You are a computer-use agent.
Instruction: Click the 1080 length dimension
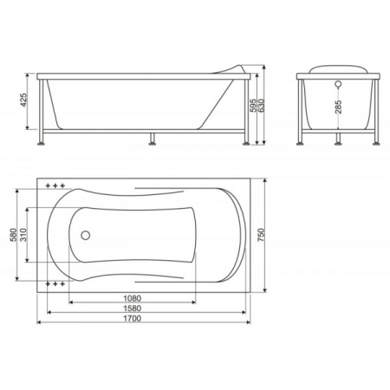[x=134, y=299]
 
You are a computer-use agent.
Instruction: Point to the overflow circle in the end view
[x=338, y=85]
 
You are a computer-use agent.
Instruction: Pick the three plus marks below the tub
[x=55, y=283]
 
